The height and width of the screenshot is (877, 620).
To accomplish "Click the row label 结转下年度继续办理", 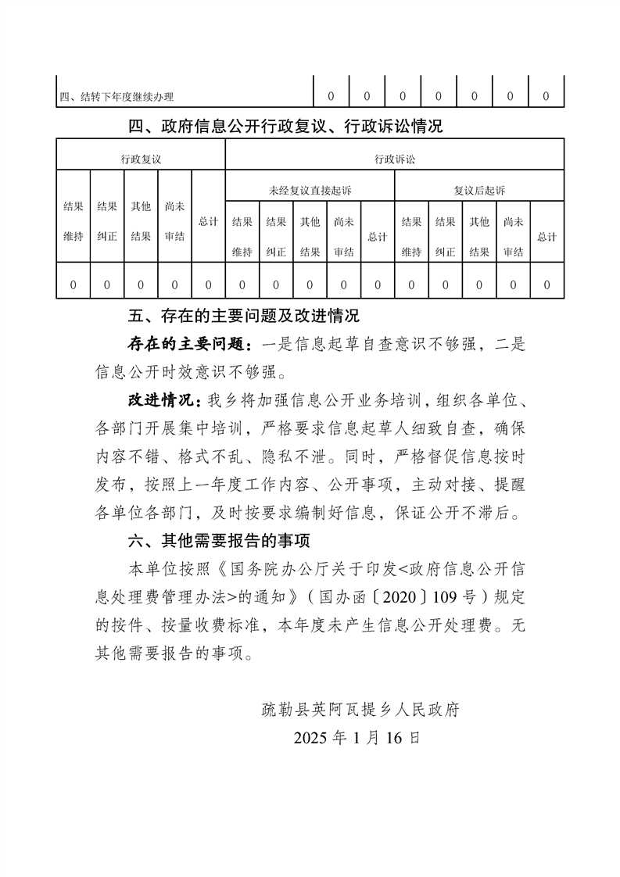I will click(116, 97).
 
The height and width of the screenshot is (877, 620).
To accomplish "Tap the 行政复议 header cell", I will click(141, 159).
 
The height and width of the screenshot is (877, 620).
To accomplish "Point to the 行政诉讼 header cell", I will click(395, 159).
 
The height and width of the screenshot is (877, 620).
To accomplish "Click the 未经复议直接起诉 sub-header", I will click(310, 190).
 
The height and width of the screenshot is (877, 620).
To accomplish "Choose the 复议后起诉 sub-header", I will click(479, 190).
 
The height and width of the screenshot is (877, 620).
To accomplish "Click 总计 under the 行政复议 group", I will click(208, 221).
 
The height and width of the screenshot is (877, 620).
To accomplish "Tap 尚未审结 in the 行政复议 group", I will click(174, 221).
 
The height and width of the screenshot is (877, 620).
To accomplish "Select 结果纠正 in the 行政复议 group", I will click(107, 221).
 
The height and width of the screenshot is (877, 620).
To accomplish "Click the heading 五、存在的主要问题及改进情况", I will click(243, 317).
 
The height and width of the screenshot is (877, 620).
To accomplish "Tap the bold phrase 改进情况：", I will click(167, 401).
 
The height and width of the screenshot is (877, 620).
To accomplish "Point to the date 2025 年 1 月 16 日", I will click(357, 738).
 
